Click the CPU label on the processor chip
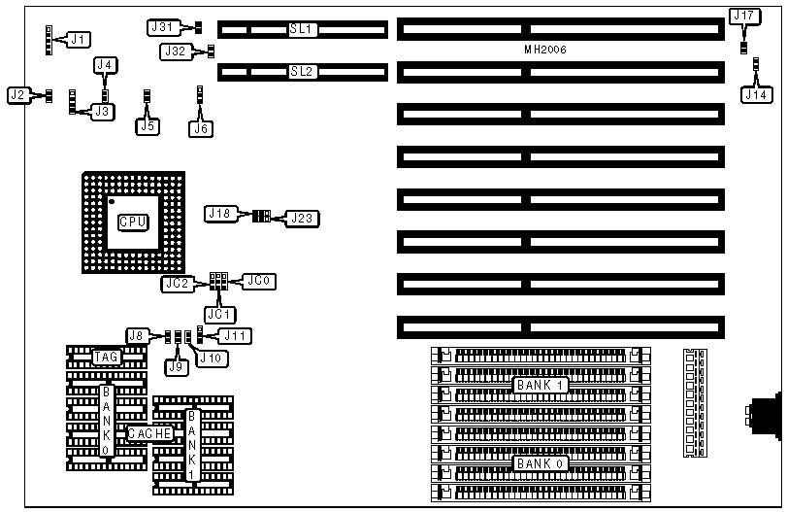pyautogui.click(x=133, y=222)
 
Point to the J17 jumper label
pyautogui.click(x=744, y=17)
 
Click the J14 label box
pyautogui.click(x=756, y=95)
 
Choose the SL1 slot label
pyautogui.click(x=302, y=29)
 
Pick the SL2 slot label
pyautogui.click(x=302, y=71)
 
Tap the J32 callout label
pyautogui.click(x=177, y=51)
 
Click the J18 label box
pyautogui.click(x=219, y=213)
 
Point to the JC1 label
pyautogui.click(x=218, y=314)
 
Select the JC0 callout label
pyautogui.click(x=261, y=282)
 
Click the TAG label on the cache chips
pyautogui.click(x=106, y=358)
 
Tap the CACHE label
pyautogui.click(x=150, y=433)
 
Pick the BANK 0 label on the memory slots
pyautogui.click(x=537, y=463)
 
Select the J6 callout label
pyautogui.click(x=200, y=126)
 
